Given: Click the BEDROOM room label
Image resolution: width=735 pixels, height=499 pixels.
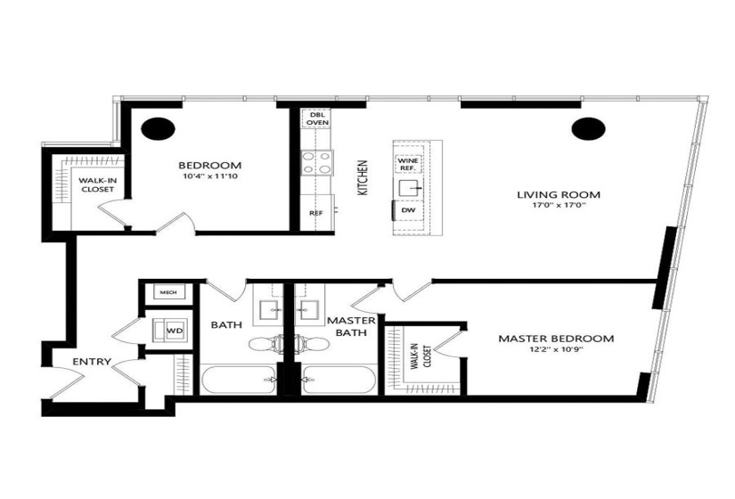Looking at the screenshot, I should (209, 166).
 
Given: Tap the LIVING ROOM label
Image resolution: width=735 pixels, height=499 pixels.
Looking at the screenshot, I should (559, 194).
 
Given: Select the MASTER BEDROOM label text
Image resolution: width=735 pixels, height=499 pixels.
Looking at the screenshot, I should (556, 339).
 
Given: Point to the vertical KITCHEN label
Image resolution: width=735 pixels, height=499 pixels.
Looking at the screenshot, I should (363, 178).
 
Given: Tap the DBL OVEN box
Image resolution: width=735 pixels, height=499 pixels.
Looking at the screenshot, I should (316, 119).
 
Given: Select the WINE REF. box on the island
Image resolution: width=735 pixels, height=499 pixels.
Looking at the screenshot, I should (408, 164).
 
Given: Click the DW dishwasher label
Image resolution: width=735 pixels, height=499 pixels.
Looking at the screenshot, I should (408, 210).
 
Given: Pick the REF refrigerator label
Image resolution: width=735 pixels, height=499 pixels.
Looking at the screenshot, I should (316, 214).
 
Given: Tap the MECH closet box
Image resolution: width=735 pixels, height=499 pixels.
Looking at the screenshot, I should (166, 292).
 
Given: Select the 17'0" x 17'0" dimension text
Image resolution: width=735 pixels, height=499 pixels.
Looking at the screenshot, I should (559, 208).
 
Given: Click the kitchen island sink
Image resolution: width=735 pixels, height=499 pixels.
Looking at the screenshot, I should (409, 187).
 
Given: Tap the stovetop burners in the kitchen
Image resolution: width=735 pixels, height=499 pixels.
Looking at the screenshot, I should (316, 162).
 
